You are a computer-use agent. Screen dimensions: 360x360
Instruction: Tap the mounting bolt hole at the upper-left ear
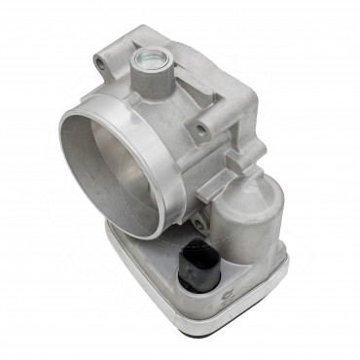(100, 64)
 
